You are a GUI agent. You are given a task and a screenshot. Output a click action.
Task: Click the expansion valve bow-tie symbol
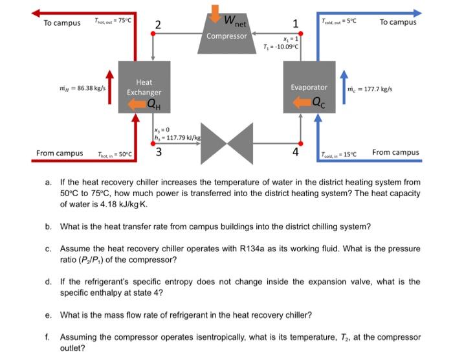point(226,144)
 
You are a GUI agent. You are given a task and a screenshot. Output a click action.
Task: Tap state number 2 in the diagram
point(159,25)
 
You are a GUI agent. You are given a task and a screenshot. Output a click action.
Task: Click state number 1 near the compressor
point(296,25)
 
